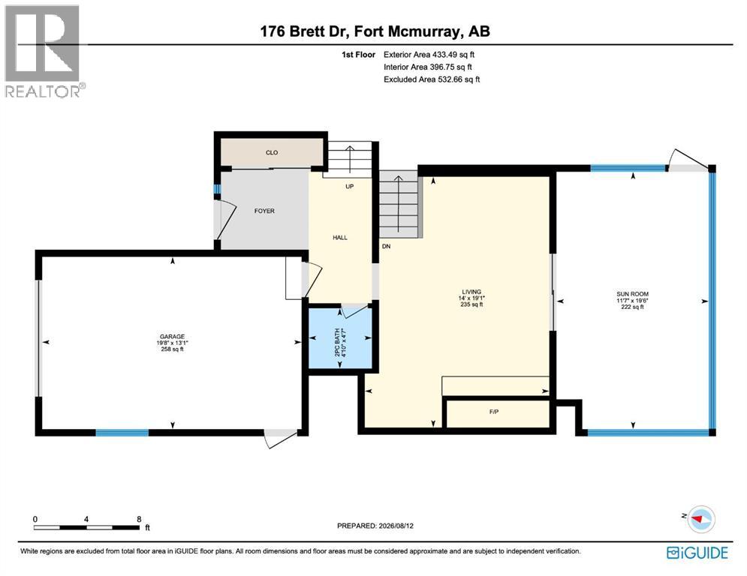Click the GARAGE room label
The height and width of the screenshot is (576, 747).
[172, 337]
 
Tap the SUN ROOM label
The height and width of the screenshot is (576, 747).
[632, 294]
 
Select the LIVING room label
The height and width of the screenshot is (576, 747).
[471, 292]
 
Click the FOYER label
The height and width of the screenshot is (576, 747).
[264, 211]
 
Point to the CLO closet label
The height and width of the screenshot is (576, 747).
[272, 152]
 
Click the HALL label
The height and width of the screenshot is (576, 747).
[340, 238]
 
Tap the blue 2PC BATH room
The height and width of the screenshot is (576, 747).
[340, 338]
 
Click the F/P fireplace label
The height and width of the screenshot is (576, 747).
[494, 412]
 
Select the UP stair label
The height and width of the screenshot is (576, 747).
[350, 187]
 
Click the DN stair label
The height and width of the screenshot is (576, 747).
[387, 247]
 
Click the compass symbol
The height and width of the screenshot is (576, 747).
[700, 519]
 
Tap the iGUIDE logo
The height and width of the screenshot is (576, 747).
[697, 553]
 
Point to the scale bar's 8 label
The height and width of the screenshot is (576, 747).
[139, 519]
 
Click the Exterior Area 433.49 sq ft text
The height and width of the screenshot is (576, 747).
[429, 55]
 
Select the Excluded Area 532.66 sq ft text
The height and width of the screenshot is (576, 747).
[432, 79]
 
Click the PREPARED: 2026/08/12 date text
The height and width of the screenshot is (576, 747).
[375, 526]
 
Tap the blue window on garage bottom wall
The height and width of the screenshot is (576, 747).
[122, 433]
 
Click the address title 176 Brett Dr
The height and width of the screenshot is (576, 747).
[305, 31]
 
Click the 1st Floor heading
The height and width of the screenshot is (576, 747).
[358, 55]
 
